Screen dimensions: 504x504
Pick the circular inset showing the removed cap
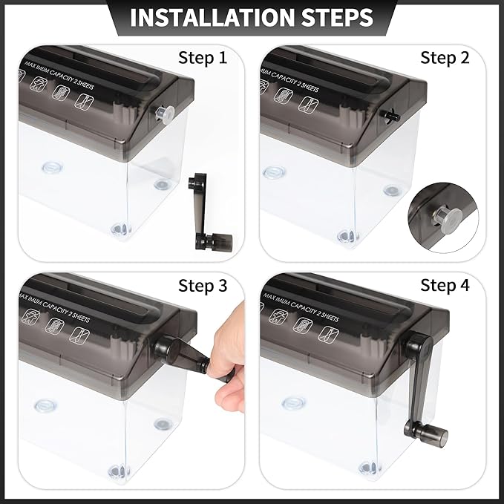pos(446,215)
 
